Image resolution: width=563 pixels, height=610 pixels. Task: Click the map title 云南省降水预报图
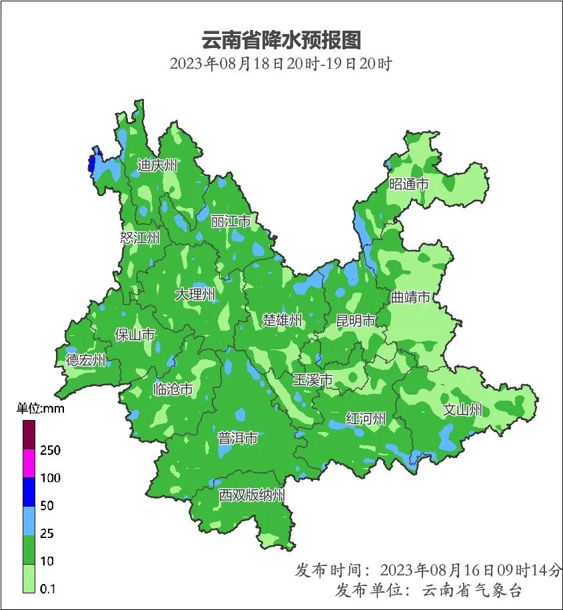[x=281, y=39]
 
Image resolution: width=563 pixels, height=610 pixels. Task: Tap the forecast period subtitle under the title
[x=281, y=65]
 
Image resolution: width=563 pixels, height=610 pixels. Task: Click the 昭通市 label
[x=408, y=184]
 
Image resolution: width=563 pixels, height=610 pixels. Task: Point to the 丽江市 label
[x=231, y=221]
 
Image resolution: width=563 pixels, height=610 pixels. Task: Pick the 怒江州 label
[x=140, y=238]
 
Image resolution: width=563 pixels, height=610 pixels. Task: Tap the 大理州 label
[x=195, y=294]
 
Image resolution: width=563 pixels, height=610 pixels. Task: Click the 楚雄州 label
[x=282, y=320]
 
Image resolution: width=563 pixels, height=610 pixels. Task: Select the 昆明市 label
[x=356, y=321]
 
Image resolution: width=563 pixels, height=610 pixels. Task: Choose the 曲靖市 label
[x=410, y=297]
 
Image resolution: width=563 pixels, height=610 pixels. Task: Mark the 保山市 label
[x=135, y=334]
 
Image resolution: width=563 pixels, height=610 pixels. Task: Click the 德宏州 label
[x=86, y=360]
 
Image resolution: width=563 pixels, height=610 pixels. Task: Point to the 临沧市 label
[x=173, y=389]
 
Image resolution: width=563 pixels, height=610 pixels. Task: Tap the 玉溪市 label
[x=312, y=380]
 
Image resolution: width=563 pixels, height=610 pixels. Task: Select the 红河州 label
[x=366, y=418]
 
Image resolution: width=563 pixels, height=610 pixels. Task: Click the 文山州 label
[x=462, y=410]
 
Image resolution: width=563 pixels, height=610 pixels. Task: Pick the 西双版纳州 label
[x=252, y=495]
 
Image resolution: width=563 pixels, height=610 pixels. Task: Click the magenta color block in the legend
[x=29, y=463]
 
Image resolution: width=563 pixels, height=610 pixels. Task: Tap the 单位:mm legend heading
[x=41, y=408]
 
